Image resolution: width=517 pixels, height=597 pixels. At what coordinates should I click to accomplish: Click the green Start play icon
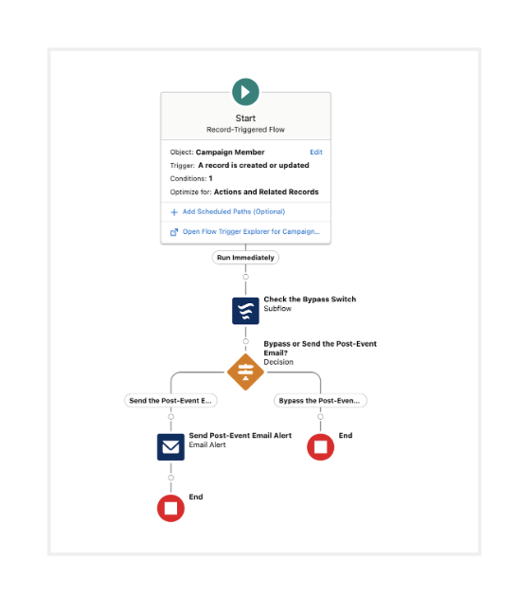(245, 92)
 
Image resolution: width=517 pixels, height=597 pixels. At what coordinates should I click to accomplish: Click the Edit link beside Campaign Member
(315, 152)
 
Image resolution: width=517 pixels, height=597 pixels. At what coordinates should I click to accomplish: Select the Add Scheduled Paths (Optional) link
(234, 211)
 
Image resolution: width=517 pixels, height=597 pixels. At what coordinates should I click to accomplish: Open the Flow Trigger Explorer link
(251, 231)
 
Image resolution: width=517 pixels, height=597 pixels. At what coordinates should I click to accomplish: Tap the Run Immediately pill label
(245, 258)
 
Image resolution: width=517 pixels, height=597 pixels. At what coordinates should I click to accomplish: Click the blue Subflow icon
(245, 311)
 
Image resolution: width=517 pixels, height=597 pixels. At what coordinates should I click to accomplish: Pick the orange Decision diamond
(245, 372)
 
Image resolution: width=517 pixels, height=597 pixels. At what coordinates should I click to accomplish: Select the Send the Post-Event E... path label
(170, 401)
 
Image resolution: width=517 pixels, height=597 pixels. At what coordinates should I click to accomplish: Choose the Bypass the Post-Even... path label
(320, 401)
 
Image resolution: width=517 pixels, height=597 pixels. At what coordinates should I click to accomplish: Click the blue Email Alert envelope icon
(170, 446)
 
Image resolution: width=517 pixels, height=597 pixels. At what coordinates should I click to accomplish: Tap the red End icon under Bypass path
(320, 446)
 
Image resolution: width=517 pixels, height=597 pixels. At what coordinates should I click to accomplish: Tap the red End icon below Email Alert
(170, 508)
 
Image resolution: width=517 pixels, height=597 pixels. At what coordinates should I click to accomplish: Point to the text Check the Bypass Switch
(310, 299)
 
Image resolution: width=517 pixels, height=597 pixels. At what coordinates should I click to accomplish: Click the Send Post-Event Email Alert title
(241, 435)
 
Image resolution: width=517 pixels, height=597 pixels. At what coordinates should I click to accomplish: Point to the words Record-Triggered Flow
(245, 130)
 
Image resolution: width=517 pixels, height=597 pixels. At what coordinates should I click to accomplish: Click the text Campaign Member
(230, 152)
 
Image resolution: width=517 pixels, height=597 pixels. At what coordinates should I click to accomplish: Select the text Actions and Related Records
(266, 191)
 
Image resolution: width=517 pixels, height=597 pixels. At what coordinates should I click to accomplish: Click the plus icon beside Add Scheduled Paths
(174, 212)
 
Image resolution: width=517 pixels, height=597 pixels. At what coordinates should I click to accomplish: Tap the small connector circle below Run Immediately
(246, 277)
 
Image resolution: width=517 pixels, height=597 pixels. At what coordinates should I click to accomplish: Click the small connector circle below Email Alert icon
(170, 478)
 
